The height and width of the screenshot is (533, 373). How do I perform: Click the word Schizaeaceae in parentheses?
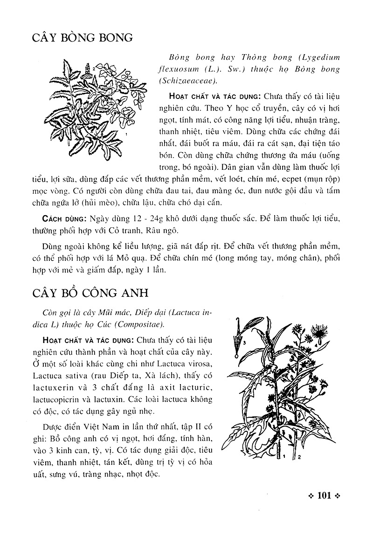(x=188, y=81)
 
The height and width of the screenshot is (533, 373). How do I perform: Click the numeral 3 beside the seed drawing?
(x=244, y=342)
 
